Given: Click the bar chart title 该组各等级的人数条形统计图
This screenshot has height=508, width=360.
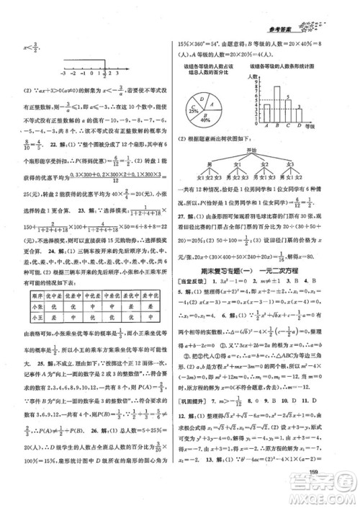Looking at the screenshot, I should [282, 66].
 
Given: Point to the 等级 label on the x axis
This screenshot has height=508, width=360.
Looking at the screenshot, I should [311, 128].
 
